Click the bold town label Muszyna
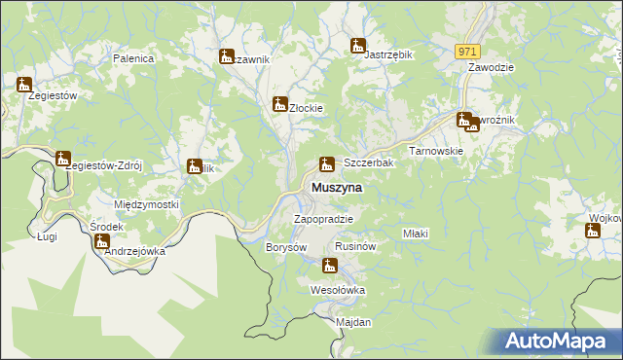(337, 187)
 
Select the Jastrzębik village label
(388, 55)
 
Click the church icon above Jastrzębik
(358, 45)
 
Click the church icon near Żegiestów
(24, 85)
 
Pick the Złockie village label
(307, 108)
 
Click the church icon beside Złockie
(280, 104)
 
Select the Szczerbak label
(369, 163)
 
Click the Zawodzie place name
(491, 68)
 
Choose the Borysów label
(286, 248)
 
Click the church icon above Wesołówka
(329, 266)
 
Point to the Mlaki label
(416, 234)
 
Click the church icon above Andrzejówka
(102, 240)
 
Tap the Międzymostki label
(147, 204)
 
